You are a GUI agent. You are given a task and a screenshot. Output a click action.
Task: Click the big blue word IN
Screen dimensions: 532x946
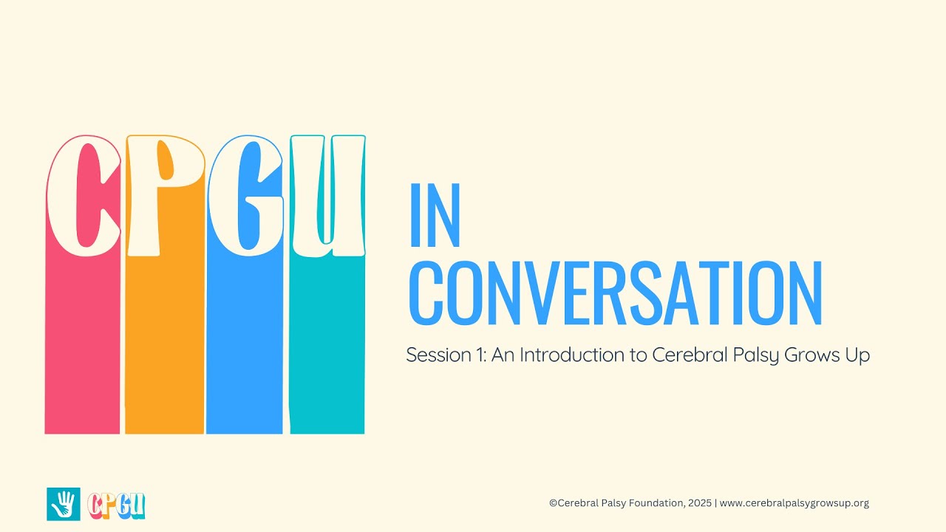(435, 215)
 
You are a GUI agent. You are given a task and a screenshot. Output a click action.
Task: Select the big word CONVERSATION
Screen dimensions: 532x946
(615, 293)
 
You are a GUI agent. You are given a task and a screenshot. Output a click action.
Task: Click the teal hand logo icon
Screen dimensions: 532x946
(63, 504)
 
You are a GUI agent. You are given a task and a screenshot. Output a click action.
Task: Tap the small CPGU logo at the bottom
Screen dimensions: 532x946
(116, 505)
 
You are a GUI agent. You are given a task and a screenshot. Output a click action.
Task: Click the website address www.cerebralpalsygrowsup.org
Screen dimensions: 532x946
(794, 503)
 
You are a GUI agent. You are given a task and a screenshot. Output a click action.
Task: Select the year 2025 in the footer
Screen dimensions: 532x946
(698, 503)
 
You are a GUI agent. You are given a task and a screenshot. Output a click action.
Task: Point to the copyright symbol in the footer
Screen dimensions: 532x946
(553, 503)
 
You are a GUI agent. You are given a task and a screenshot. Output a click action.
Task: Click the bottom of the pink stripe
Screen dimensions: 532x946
(82, 421)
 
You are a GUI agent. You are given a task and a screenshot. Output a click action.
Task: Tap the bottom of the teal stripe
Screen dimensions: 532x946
(327, 421)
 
